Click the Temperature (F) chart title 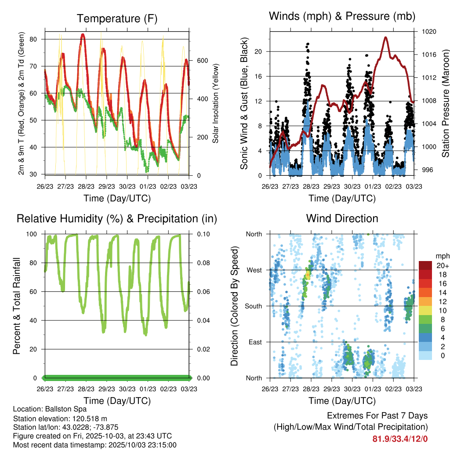[116, 18]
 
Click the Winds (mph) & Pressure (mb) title [342, 17]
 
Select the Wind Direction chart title [342, 218]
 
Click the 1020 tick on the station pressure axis [429, 32]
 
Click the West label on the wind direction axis [254, 270]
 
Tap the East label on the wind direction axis [254, 342]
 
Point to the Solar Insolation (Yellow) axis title [216, 103]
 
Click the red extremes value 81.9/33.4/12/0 [400, 439]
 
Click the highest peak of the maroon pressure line [386, 37]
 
